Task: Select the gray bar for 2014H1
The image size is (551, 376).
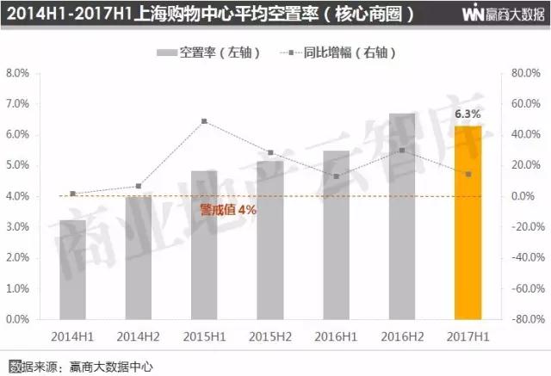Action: click(73, 269)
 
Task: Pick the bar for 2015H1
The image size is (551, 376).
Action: click(205, 244)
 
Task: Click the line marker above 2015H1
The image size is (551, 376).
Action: click(204, 121)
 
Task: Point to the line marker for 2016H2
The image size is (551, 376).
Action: click(403, 151)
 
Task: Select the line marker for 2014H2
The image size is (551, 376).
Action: click(139, 186)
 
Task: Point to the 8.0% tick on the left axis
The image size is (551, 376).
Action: click(19, 73)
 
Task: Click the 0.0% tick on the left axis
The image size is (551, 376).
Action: click(19, 319)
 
